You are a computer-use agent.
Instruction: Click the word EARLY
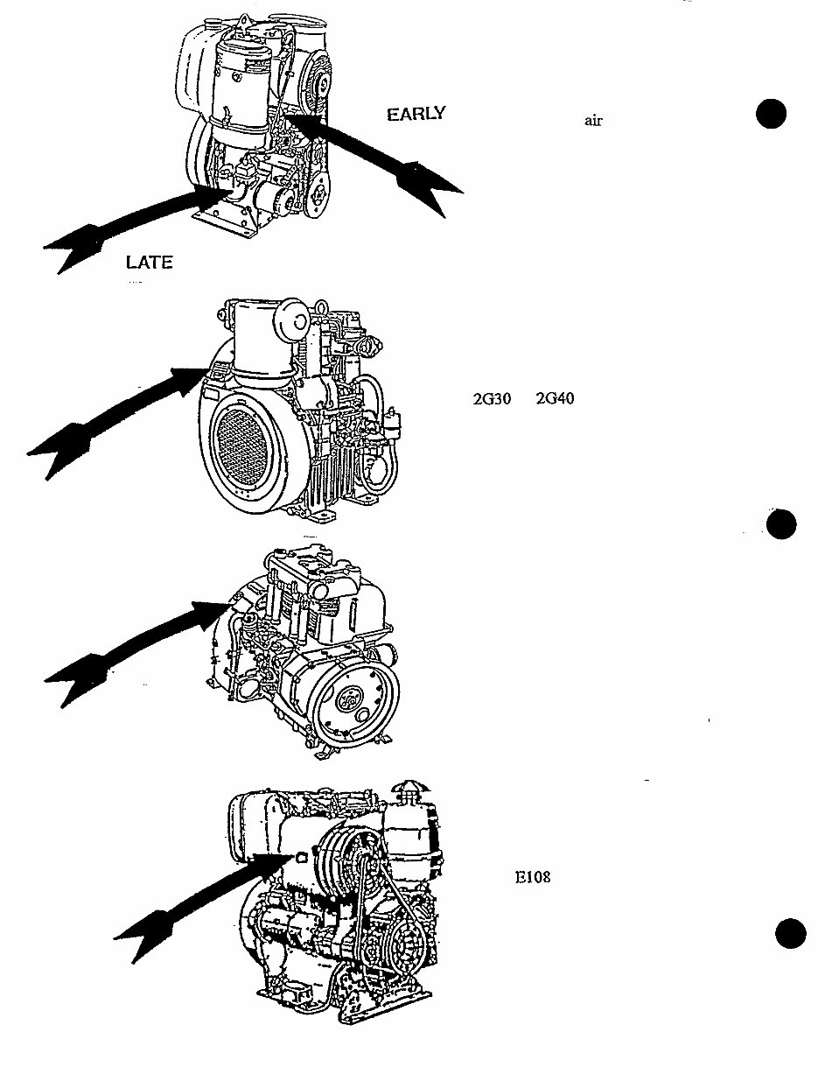[x=416, y=114]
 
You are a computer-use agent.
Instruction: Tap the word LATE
[x=149, y=263]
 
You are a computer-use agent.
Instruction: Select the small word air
[x=593, y=122]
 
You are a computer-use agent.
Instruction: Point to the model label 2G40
[x=554, y=399]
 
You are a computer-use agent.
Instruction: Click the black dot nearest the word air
[x=771, y=115]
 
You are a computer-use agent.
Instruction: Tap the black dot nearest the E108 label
[x=792, y=934]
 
